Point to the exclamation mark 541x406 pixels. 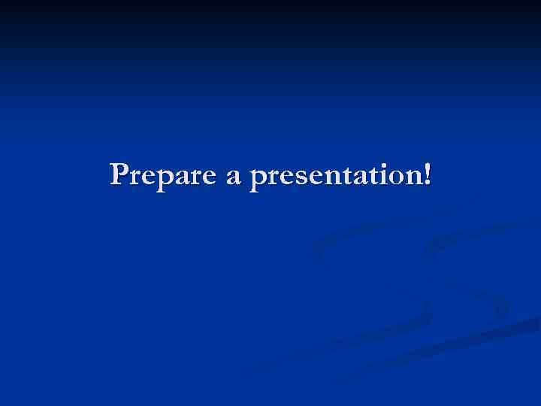(x=428, y=174)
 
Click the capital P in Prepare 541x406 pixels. (x=119, y=174)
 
